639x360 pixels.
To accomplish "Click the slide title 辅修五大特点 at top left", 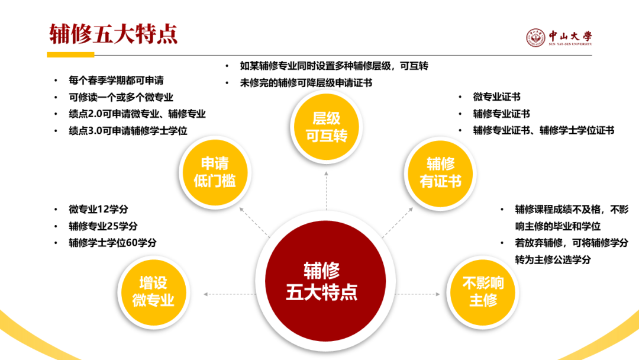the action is coord(113,34).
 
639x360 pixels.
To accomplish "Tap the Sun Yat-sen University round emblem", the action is coord(535,38).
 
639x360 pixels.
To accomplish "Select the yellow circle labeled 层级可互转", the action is coord(326,126).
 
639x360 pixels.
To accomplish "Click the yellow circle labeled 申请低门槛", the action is coord(214,172).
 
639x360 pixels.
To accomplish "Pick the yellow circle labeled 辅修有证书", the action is coord(440,172).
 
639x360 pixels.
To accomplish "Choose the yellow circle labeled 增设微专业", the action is coord(153,290).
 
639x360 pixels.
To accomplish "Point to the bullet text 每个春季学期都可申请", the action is coord(116,81).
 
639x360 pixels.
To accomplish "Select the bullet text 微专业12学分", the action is coord(98,210).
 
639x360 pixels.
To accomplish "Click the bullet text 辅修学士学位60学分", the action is coord(112,243).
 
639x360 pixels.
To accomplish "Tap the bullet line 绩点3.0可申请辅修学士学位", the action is coord(128,131).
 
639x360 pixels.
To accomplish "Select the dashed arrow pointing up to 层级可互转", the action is coord(326,189).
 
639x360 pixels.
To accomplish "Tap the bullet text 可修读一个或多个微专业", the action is coord(121,97).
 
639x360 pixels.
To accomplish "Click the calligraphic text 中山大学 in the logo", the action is coord(570,35).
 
